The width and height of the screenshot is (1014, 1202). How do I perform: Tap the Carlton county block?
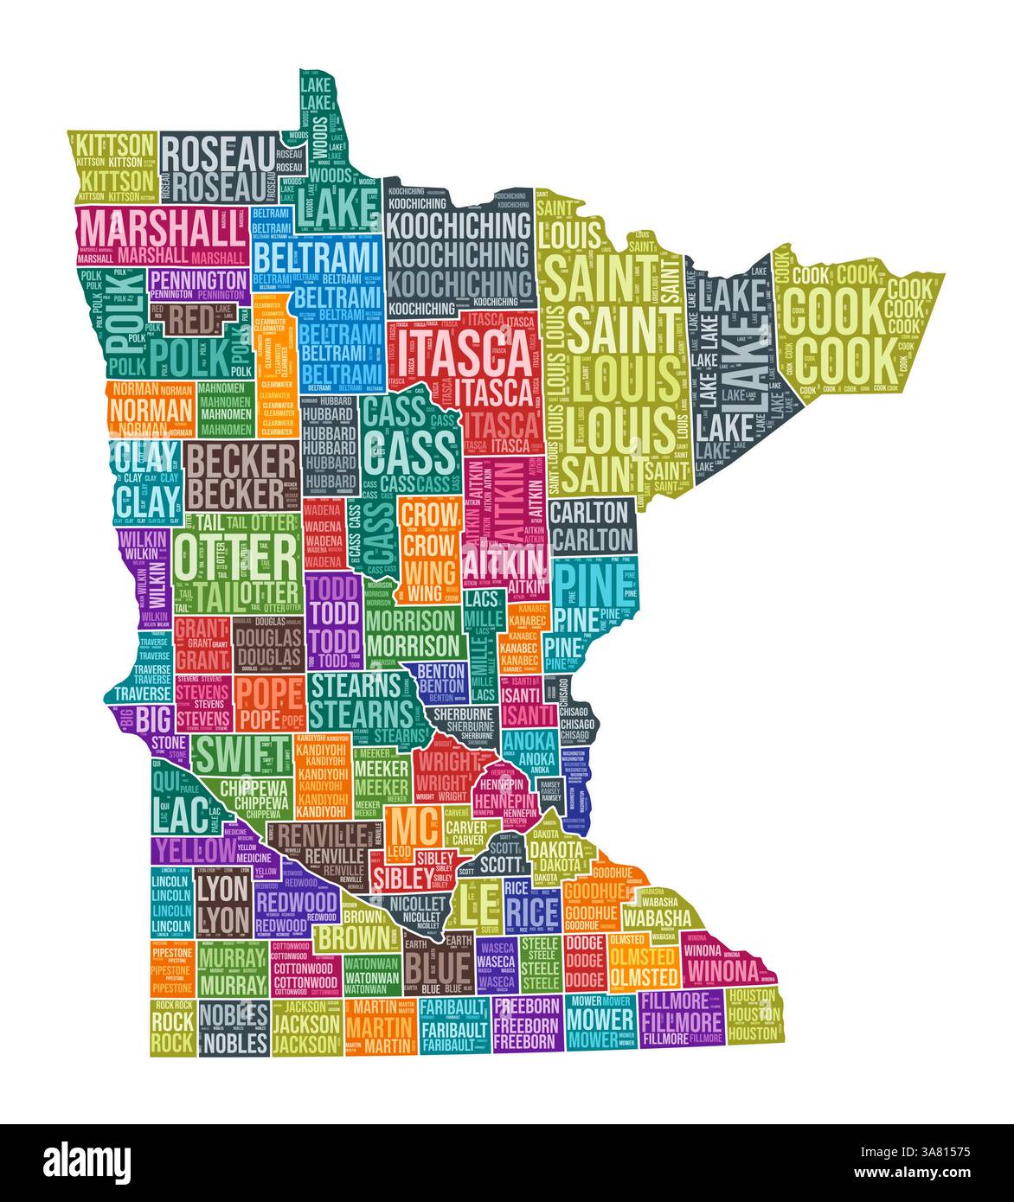pos(591,526)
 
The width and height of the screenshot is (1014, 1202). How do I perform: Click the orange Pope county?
pos(270,703)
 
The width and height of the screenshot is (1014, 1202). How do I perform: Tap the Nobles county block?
pos(234,1029)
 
